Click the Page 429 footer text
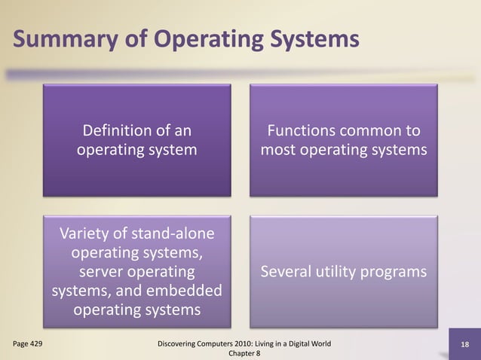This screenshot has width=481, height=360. pyautogui.click(x=27, y=343)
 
